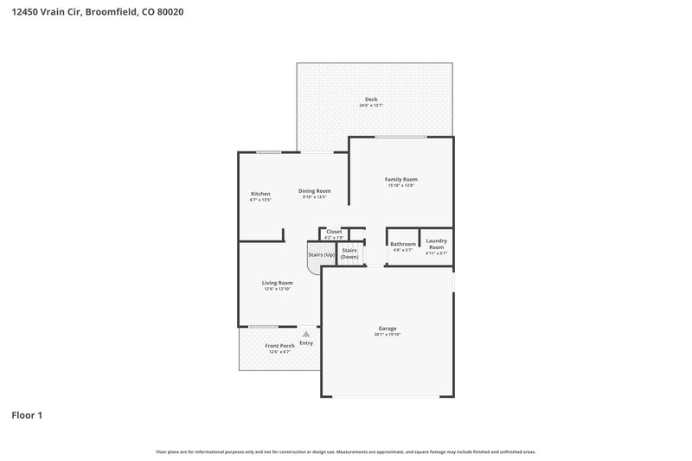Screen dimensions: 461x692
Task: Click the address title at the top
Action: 97,13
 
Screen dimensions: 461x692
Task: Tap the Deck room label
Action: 370,99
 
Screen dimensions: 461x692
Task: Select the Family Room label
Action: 400,179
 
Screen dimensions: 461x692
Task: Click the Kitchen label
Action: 260,194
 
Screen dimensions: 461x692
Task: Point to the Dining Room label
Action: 315,191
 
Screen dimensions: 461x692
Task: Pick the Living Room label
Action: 278,283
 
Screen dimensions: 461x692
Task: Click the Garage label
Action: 387,328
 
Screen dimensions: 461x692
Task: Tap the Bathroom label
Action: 403,244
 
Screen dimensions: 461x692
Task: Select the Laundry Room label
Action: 436,243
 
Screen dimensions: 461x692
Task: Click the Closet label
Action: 334,231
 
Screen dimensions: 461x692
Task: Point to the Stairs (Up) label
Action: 322,255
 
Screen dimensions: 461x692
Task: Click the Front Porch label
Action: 279,346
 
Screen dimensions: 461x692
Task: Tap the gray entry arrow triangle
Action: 305,333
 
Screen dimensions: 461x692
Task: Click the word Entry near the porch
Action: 306,343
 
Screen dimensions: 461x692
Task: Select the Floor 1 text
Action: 27,415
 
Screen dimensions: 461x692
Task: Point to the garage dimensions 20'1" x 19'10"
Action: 387,335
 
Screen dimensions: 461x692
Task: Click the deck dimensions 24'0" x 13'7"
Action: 370,106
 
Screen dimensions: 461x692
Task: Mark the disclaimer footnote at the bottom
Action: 345,451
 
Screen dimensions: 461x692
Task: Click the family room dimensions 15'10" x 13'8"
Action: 400,186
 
